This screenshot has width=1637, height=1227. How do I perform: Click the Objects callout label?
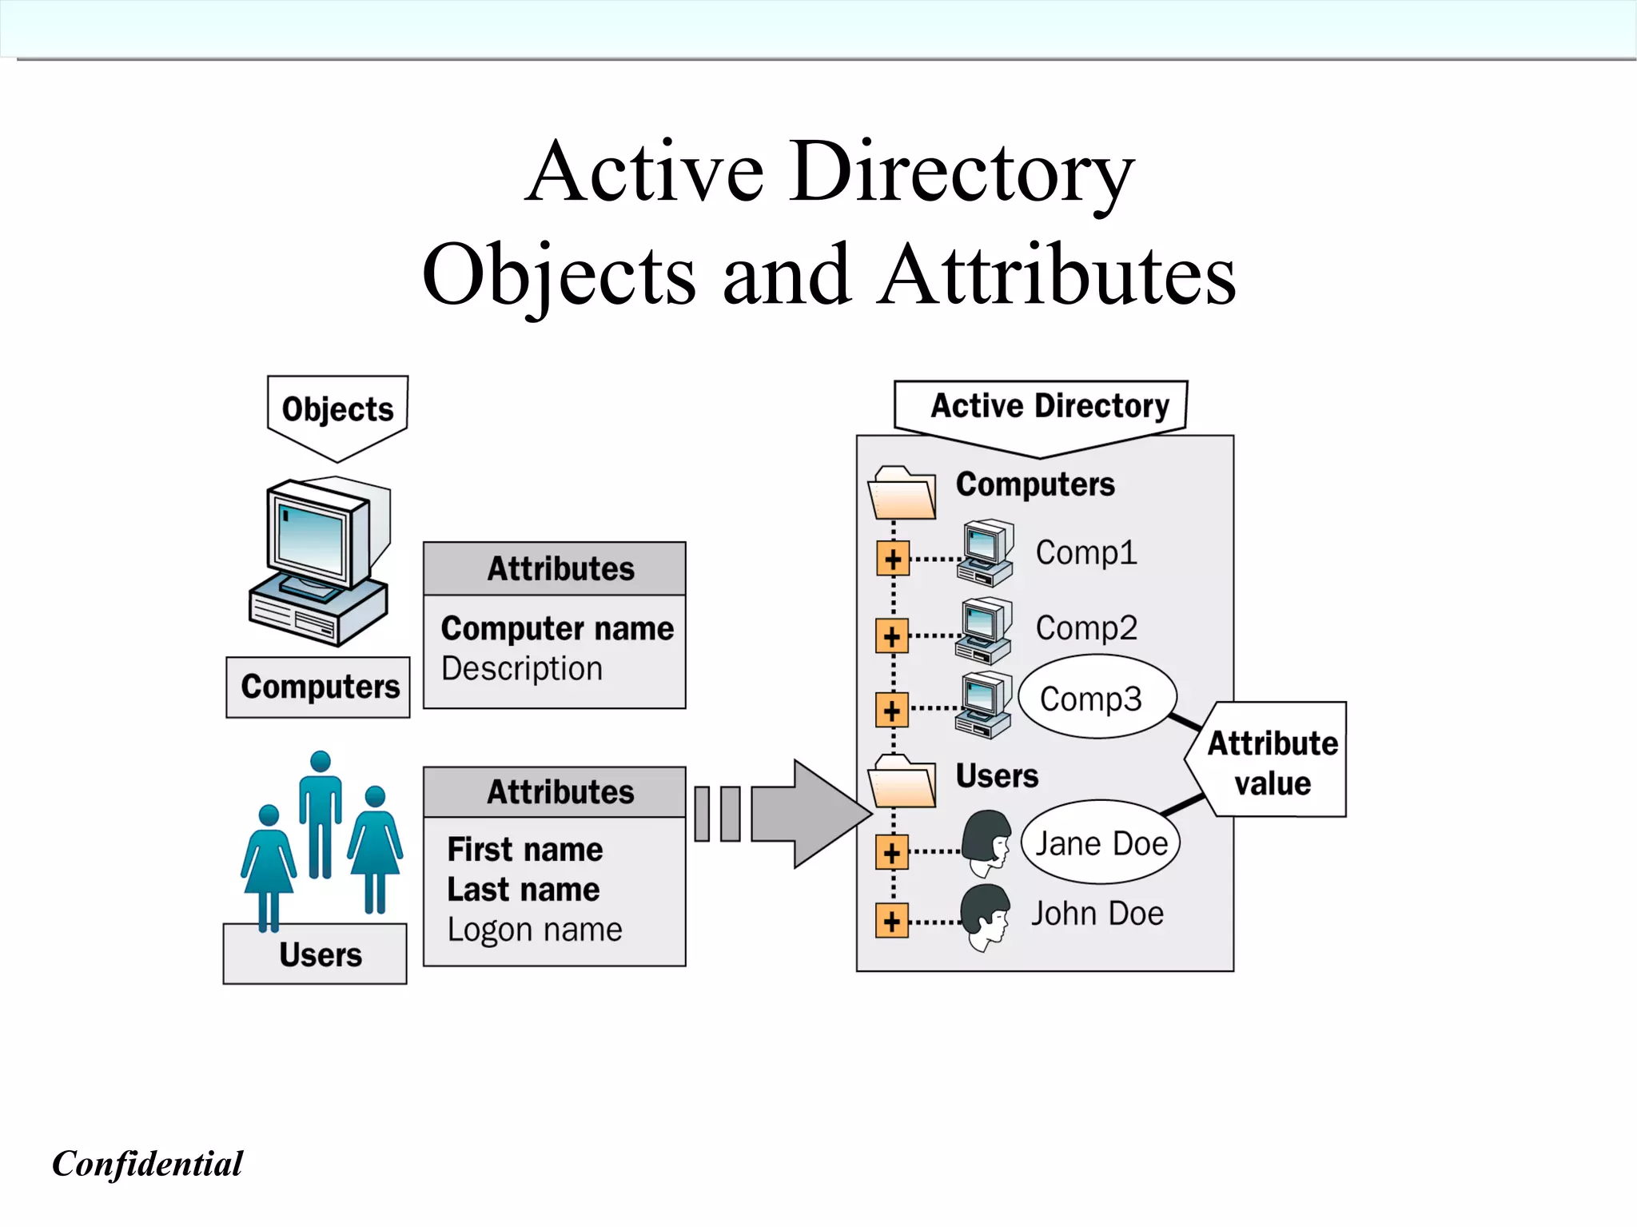click(337, 409)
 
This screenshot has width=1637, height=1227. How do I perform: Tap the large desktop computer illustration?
click(320, 560)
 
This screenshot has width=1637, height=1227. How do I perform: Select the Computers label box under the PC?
click(318, 687)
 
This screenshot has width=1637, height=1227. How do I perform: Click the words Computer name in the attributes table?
click(557, 628)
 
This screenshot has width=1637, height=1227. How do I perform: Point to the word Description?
click(522, 668)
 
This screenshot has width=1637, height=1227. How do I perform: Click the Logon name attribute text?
click(534, 930)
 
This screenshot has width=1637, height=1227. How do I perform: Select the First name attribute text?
click(525, 850)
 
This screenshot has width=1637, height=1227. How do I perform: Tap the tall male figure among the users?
click(321, 811)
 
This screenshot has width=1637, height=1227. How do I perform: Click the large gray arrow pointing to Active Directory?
click(807, 814)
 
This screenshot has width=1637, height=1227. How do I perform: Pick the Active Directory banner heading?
click(1050, 406)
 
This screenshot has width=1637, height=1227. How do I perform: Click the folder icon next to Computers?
click(902, 493)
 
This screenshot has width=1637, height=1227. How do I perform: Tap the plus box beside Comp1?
click(893, 560)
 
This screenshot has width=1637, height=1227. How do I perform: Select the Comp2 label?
click(1086, 628)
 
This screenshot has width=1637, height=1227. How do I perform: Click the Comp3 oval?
click(1097, 698)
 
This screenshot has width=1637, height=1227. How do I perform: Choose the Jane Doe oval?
click(1101, 843)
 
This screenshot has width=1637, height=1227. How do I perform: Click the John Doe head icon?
click(986, 916)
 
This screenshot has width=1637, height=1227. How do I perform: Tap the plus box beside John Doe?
click(892, 922)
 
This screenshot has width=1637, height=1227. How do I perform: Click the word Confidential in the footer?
click(147, 1164)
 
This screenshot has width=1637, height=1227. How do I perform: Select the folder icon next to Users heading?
click(902, 781)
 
